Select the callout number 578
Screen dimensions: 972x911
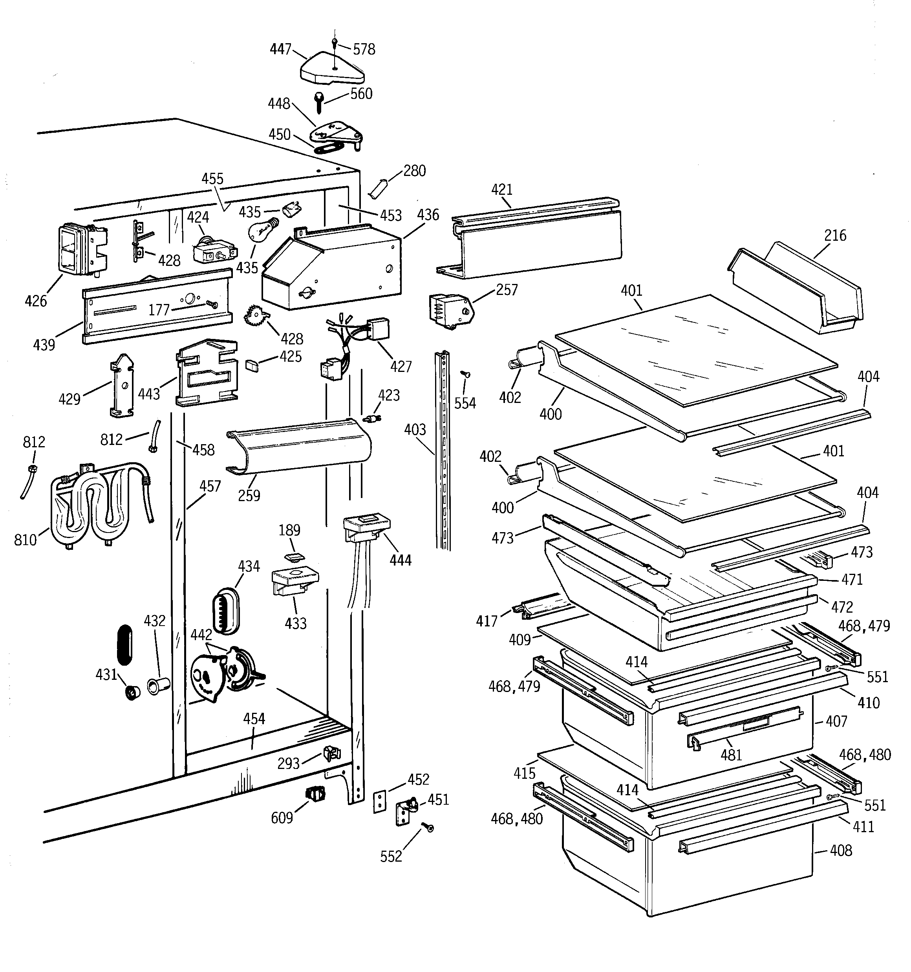pyautogui.click(x=364, y=49)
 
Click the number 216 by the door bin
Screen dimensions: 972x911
pyautogui.click(x=835, y=236)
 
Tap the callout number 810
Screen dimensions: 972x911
pyautogui.click(x=26, y=540)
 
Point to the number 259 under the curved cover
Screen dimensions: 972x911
pyautogui.click(x=249, y=495)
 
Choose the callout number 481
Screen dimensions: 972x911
pyautogui.click(x=731, y=755)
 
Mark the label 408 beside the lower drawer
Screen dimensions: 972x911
pyautogui.click(x=841, y=851)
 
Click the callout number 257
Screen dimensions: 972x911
pyautogui.click(x=507, y=290)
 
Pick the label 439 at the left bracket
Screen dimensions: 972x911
pyautogui.click(x=44, y=345)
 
